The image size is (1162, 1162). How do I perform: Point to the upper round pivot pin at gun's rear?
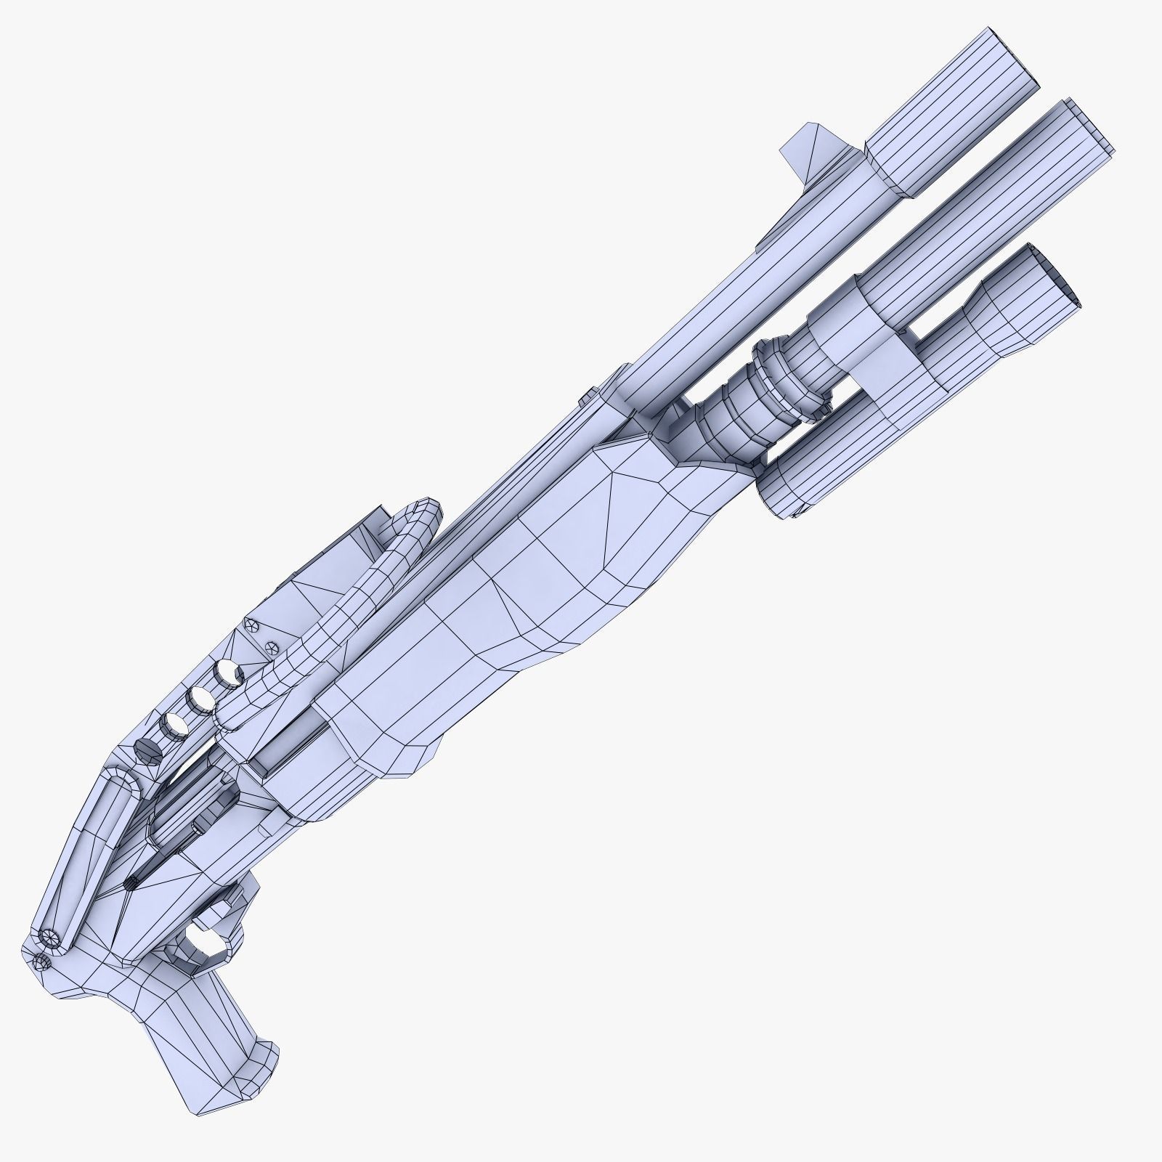tap(49, 938)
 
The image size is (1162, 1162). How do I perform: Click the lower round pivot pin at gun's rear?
tap(41, 962)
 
